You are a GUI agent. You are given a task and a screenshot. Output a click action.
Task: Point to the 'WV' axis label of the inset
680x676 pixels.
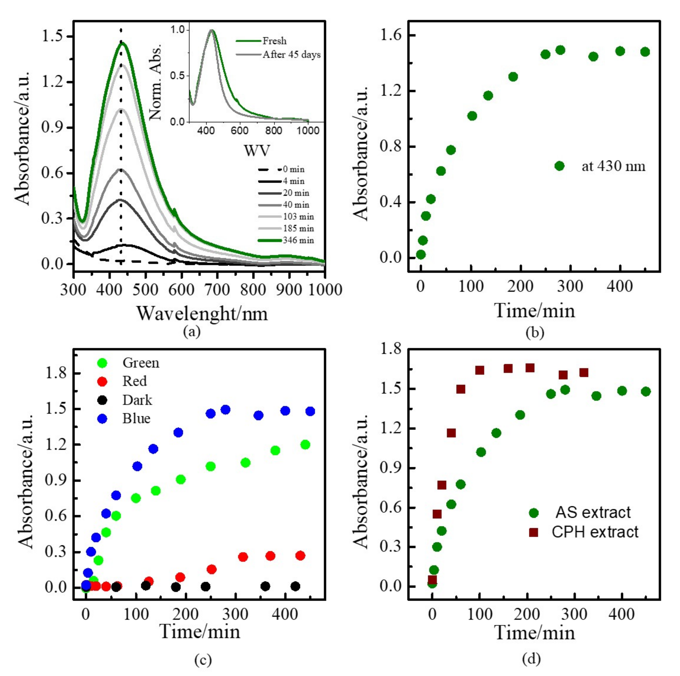pyautogui.click(x=257, y=151)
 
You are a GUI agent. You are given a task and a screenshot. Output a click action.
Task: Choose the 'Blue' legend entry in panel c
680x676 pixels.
pyautogui.click(x=136, y=418)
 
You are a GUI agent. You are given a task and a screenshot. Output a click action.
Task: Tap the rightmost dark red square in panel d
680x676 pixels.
pyautogui.click(x=584, y=373)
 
